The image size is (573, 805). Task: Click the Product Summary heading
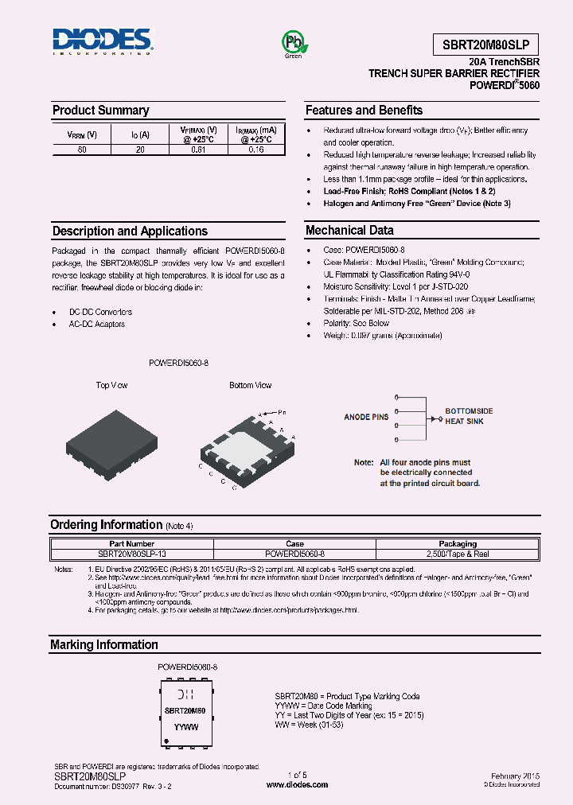tap(100, 111)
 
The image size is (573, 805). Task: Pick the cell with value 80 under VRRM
tap(82, 149)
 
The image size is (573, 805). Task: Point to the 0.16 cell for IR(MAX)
tap(256, 149)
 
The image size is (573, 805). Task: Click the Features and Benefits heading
tap(364, 111)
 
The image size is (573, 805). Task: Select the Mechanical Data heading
tap(349, 231)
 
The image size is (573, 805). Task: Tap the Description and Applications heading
tap(130, 231)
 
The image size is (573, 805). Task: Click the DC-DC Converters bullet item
tap(100, 312)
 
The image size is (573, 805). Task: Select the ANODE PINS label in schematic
tap(366, 417)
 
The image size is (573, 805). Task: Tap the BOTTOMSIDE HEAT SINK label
tap(469, 416)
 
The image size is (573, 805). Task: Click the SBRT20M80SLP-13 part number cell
tap(132, 553)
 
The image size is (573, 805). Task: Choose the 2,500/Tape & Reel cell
tap(458, 553)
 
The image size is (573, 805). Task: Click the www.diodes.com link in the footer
tap(297, 784)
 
